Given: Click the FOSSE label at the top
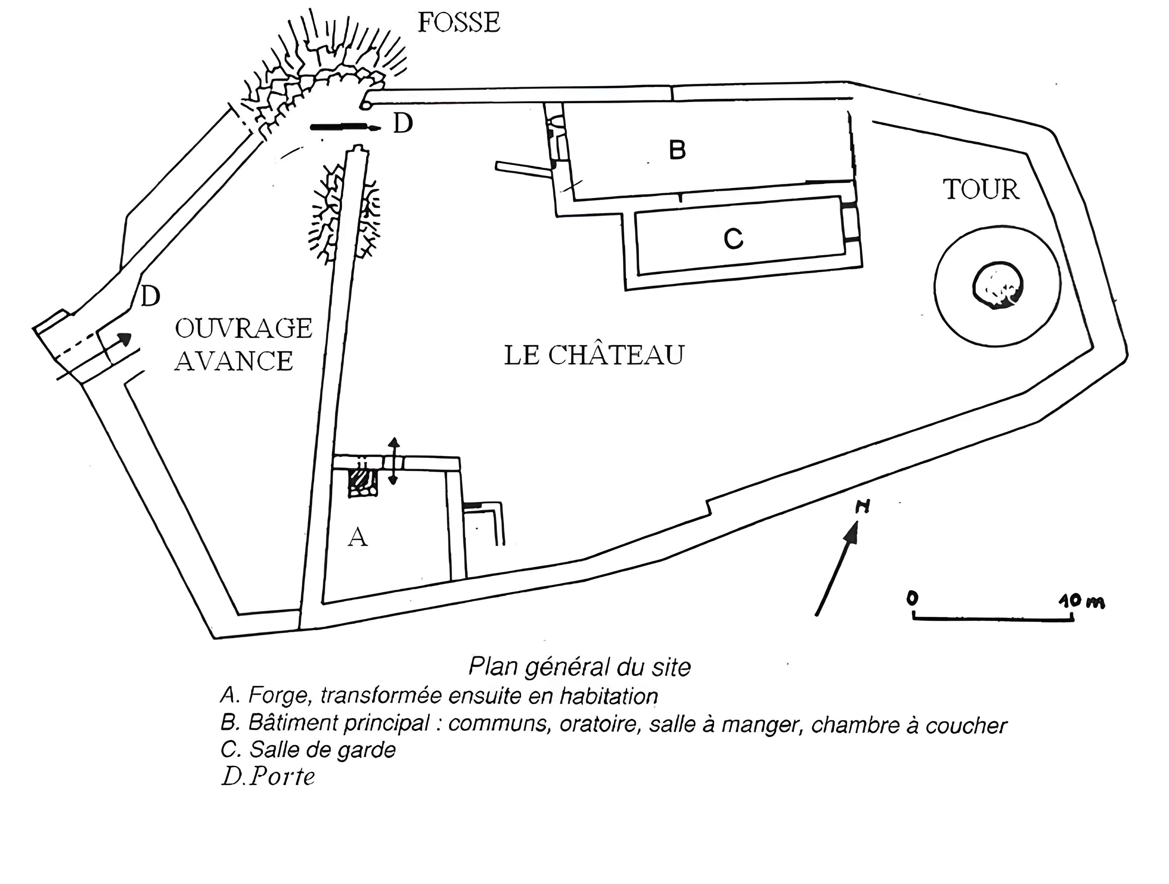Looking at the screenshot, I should tap(458, 23).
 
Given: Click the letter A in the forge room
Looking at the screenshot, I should tap(358, 538).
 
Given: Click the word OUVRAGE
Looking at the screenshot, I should tap(243, 329).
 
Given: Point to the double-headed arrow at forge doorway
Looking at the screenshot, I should tap(393, 461).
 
